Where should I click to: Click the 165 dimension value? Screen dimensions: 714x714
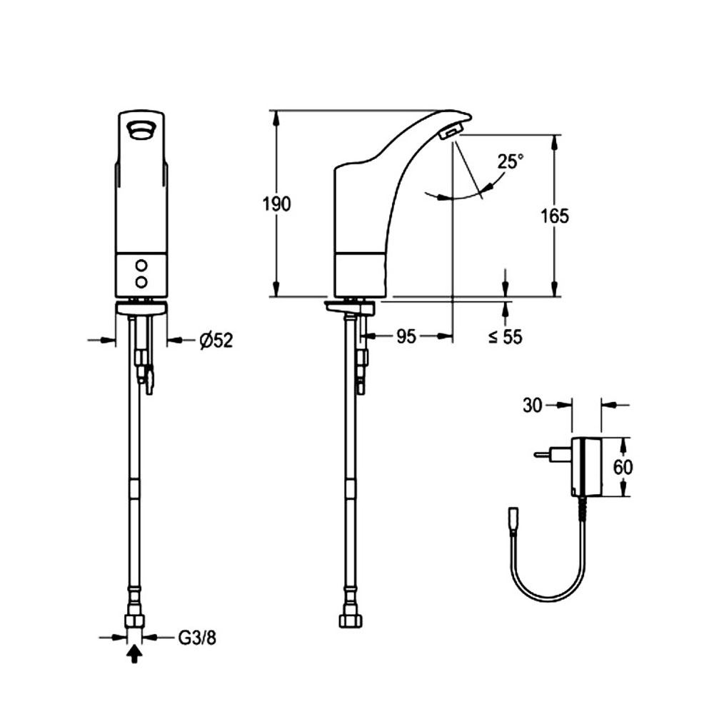coord(555,216)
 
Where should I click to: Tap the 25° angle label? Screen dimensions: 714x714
coord(511,162)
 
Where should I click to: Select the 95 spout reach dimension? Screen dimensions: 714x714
coord(406,336)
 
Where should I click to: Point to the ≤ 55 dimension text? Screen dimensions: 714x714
coord(506,337)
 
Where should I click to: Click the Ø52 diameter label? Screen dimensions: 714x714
coord(216,341)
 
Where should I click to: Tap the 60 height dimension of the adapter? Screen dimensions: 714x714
coord(623,467)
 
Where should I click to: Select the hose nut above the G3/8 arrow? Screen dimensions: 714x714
coord(134,618)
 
